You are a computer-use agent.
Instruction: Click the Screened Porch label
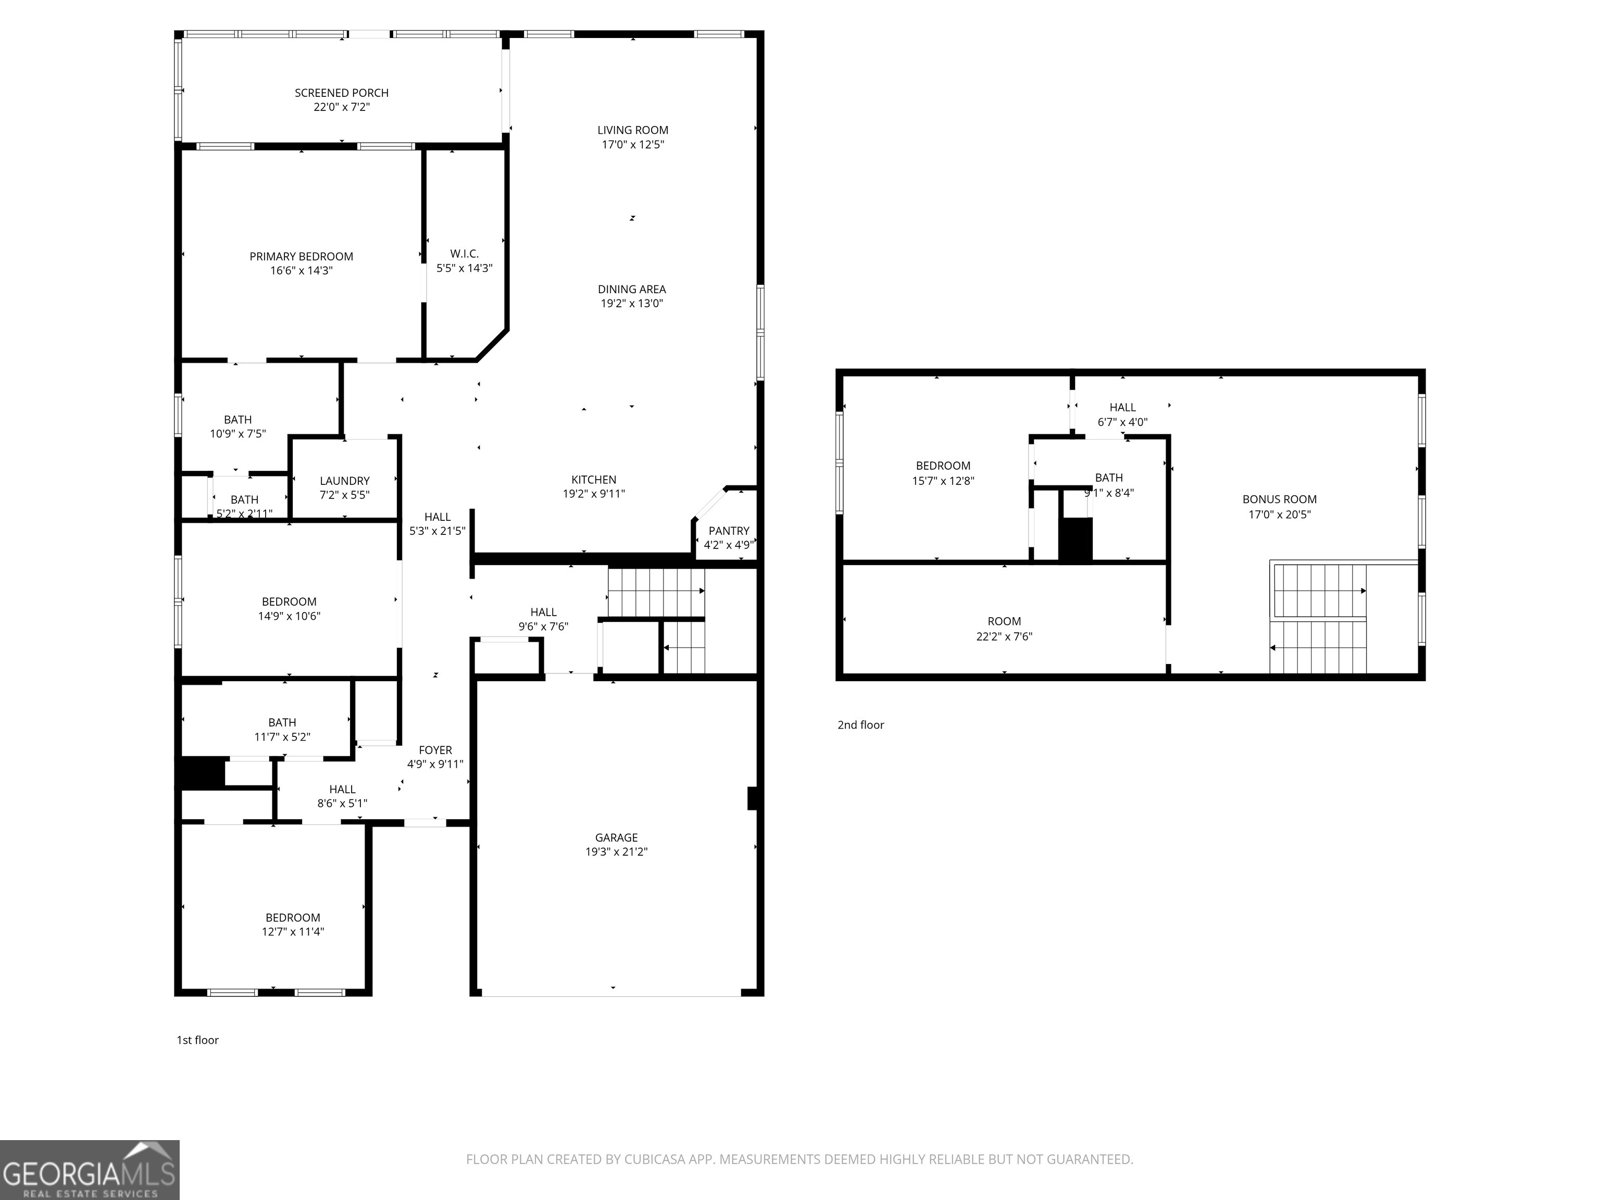click(341, 93)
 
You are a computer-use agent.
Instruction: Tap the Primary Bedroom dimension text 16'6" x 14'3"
click(301, 271)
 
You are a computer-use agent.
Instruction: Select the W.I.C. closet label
click(464, 254)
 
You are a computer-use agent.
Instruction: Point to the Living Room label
click(632, 130)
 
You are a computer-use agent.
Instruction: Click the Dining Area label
click(632, 290)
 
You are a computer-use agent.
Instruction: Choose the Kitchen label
click(594, 480)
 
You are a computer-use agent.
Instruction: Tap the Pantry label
click(728, 531)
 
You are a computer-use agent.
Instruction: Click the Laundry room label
click(344, 481)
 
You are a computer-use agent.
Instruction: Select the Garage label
click(616, 838)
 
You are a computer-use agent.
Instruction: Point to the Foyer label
click(435, 750)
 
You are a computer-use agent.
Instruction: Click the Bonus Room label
click(1279, 499)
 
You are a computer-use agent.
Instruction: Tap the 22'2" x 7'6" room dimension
click(1004, 636)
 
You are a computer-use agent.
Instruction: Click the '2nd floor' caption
click(860, 725)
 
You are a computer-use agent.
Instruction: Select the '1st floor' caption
click(197, 1040)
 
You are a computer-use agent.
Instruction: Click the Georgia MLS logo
click(90, 1170)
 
